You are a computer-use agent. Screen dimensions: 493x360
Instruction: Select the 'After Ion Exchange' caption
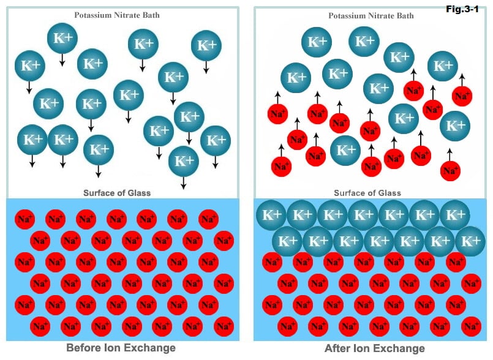pos(374,348)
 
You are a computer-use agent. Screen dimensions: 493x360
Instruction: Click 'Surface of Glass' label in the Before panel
pos(117,193)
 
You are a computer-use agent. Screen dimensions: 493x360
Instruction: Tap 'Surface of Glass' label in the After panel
pos(367,193)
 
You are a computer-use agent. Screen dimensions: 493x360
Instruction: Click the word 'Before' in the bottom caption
pos(84,348)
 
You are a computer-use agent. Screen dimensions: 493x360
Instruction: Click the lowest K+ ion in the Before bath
pos(184,161)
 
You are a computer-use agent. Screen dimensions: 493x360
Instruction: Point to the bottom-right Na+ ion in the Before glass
pos(224,324)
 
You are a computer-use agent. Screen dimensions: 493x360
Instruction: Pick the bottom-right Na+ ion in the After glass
pos(470,324)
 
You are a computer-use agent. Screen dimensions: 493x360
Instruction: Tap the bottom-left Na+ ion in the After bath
pos(282,165)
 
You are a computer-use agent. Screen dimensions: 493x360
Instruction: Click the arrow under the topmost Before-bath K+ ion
pos(62,60)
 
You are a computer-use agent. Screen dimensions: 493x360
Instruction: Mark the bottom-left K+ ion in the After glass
pos(287,241)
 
